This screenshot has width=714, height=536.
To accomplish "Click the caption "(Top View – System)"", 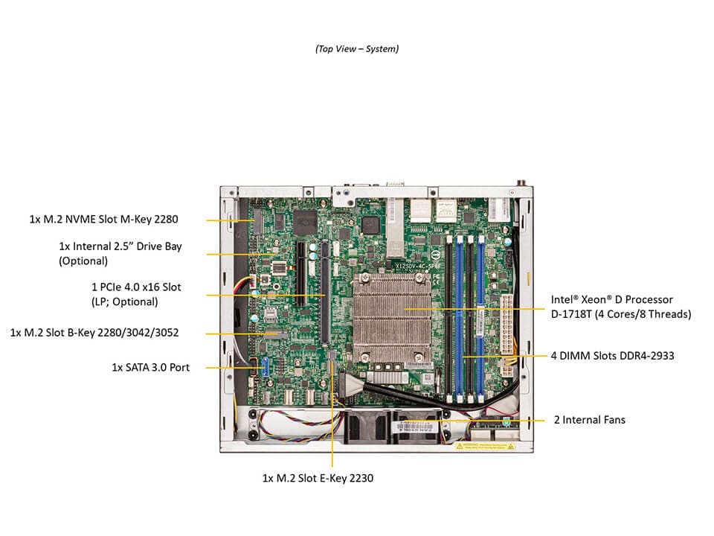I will pyautogui.click(x=356, y=48).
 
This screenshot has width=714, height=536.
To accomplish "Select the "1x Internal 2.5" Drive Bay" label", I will pyautogui.click(x=120, y=246).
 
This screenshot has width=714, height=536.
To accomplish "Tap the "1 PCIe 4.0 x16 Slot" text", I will pyautogui.click(x=135, y=287).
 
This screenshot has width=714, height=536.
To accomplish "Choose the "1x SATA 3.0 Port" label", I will pyautogui.click(x=150, y=367).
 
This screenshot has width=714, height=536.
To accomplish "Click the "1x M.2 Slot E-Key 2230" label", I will pyautogui.click(x=318, y=478).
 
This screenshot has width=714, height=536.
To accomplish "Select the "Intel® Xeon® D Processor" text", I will pyautogui.click(x=611, y=299).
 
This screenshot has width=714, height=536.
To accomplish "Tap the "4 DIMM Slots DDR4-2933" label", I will pyautogui.click(x=612, y=356).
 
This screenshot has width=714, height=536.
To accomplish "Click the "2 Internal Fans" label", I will pyautogui.click(x=589, y=420).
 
